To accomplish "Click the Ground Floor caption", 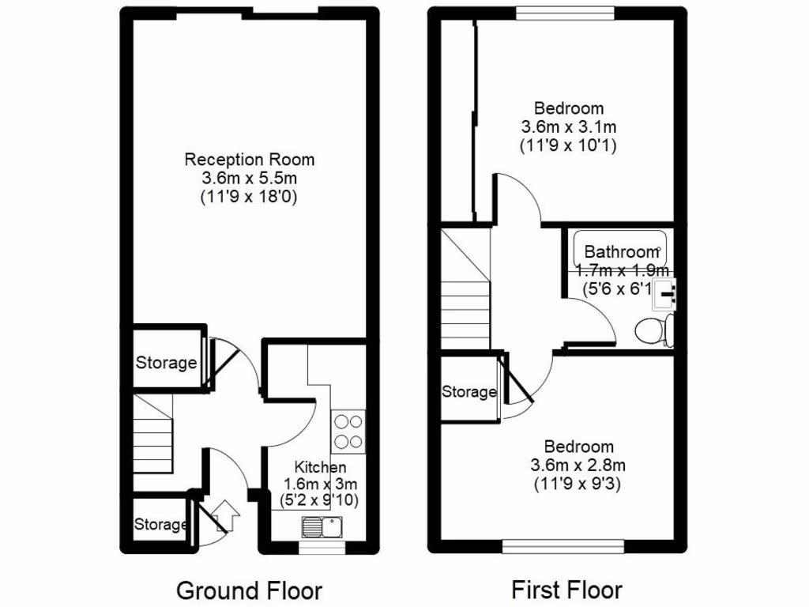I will point(249,590).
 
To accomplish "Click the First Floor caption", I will point(566,590).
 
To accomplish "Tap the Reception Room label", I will point(249,160).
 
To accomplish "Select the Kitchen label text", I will point(320,468).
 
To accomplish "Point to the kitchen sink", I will point(321,525).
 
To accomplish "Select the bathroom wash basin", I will point(668,292).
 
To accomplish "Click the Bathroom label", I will point(621,252).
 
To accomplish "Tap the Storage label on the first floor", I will point(469,392).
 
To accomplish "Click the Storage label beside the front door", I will point(160,525).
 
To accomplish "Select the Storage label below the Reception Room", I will point(166,364).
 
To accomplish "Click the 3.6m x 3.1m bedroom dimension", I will point(568,126).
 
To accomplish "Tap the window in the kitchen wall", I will point(322,546).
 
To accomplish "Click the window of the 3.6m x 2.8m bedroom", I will point(564,546).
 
